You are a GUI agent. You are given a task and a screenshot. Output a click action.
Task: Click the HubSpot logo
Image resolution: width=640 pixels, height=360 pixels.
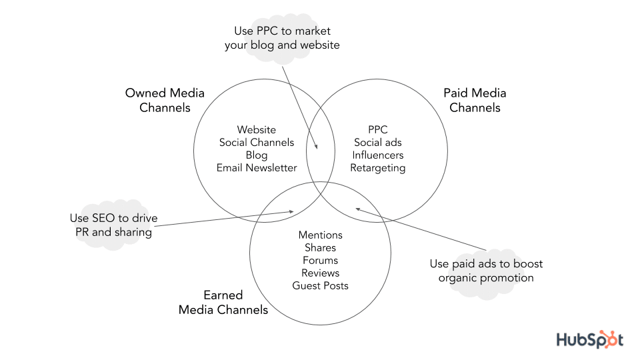590,339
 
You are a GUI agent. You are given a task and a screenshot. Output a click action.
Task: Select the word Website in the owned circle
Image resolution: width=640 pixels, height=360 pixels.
256,130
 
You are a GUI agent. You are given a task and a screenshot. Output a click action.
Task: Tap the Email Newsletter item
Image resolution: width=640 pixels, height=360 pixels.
256,168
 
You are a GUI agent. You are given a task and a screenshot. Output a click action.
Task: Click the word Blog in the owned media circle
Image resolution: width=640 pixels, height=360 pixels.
256,155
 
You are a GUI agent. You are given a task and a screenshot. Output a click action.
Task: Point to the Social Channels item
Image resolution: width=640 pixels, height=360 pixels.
256,143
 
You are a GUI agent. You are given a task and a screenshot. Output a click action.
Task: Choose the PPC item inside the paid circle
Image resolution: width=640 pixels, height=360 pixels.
377,130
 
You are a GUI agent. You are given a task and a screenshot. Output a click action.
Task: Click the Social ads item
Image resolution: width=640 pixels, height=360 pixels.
377,143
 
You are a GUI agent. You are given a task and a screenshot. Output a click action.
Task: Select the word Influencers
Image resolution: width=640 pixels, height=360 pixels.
377,155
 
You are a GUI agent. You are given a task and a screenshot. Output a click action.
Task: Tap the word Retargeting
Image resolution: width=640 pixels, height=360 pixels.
377,168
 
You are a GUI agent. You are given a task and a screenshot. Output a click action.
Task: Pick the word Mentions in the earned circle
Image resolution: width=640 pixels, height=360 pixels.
320,235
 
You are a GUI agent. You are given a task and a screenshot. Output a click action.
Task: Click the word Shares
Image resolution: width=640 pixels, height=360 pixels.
320,248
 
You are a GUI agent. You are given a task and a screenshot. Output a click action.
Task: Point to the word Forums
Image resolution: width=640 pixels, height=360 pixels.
320,261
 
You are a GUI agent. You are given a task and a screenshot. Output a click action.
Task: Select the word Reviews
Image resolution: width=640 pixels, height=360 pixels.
320,273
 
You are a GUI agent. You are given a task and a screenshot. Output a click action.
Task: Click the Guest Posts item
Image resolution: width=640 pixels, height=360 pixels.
320,286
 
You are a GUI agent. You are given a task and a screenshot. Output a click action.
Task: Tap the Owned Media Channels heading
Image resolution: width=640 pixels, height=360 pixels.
165,100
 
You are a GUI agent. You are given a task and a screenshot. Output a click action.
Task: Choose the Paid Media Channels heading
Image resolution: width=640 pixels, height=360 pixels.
475,100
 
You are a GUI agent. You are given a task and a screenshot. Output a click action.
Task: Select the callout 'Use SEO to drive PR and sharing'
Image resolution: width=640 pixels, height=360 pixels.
114,225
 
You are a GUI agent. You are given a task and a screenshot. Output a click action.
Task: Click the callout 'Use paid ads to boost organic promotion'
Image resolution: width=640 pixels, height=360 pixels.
486,271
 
